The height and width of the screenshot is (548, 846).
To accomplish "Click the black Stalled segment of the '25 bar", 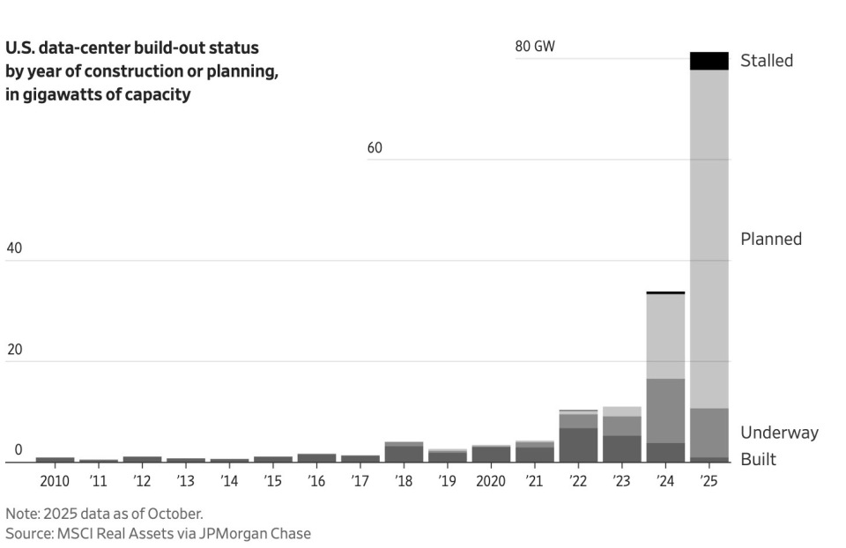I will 709,61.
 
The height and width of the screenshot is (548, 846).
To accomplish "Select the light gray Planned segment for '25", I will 709,238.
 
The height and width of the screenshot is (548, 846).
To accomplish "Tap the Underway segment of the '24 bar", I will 665,411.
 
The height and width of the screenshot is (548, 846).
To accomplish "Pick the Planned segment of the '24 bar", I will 665,336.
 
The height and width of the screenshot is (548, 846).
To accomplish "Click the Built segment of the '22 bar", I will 578,445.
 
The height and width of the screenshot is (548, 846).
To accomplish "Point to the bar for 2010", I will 55,459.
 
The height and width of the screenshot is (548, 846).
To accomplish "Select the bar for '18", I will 404,452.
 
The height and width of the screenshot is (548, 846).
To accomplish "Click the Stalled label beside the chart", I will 767,61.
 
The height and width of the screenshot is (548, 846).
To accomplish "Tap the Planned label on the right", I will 771,239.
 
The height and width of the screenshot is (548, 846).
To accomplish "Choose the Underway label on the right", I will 779,433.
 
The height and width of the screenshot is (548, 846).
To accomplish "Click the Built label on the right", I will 758,459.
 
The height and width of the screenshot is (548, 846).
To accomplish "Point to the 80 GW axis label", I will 535,46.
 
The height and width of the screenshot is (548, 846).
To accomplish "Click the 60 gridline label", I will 375,147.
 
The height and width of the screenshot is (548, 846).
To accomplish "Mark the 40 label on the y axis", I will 14,248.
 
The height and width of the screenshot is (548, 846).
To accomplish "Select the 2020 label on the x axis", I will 491,481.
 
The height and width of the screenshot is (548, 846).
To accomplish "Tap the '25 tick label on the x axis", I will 709,481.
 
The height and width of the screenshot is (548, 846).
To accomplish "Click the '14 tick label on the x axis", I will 229,481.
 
